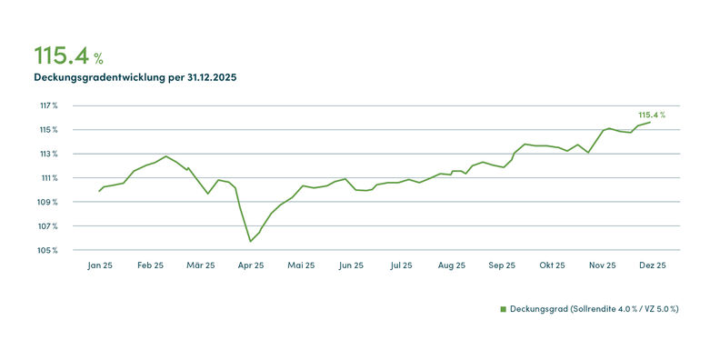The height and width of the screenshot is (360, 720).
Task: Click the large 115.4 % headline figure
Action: (69, 55)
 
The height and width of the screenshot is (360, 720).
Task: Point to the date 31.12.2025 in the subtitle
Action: (212, 77)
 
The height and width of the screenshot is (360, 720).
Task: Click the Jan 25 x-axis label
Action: (100, 265)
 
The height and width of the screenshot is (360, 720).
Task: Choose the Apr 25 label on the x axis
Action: (251, 265)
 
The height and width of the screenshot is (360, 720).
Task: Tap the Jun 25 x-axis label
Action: (351, 265)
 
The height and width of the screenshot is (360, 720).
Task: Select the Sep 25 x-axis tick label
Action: (502, 265)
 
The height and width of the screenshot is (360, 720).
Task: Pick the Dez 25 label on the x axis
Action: (653, 265)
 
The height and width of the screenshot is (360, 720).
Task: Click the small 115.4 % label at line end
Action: (652, 115)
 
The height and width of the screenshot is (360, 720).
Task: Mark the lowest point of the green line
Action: (250, 242)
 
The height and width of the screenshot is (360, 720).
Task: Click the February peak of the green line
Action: (165, 156)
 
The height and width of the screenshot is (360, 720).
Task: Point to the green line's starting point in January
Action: (99, 191)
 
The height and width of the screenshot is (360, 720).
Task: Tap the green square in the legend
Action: (503, 309)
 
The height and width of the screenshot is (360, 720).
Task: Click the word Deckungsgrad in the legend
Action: (538, 309)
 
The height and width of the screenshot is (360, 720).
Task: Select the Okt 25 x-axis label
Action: (552, 265)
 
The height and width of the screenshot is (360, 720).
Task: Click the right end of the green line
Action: (650, 122)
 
